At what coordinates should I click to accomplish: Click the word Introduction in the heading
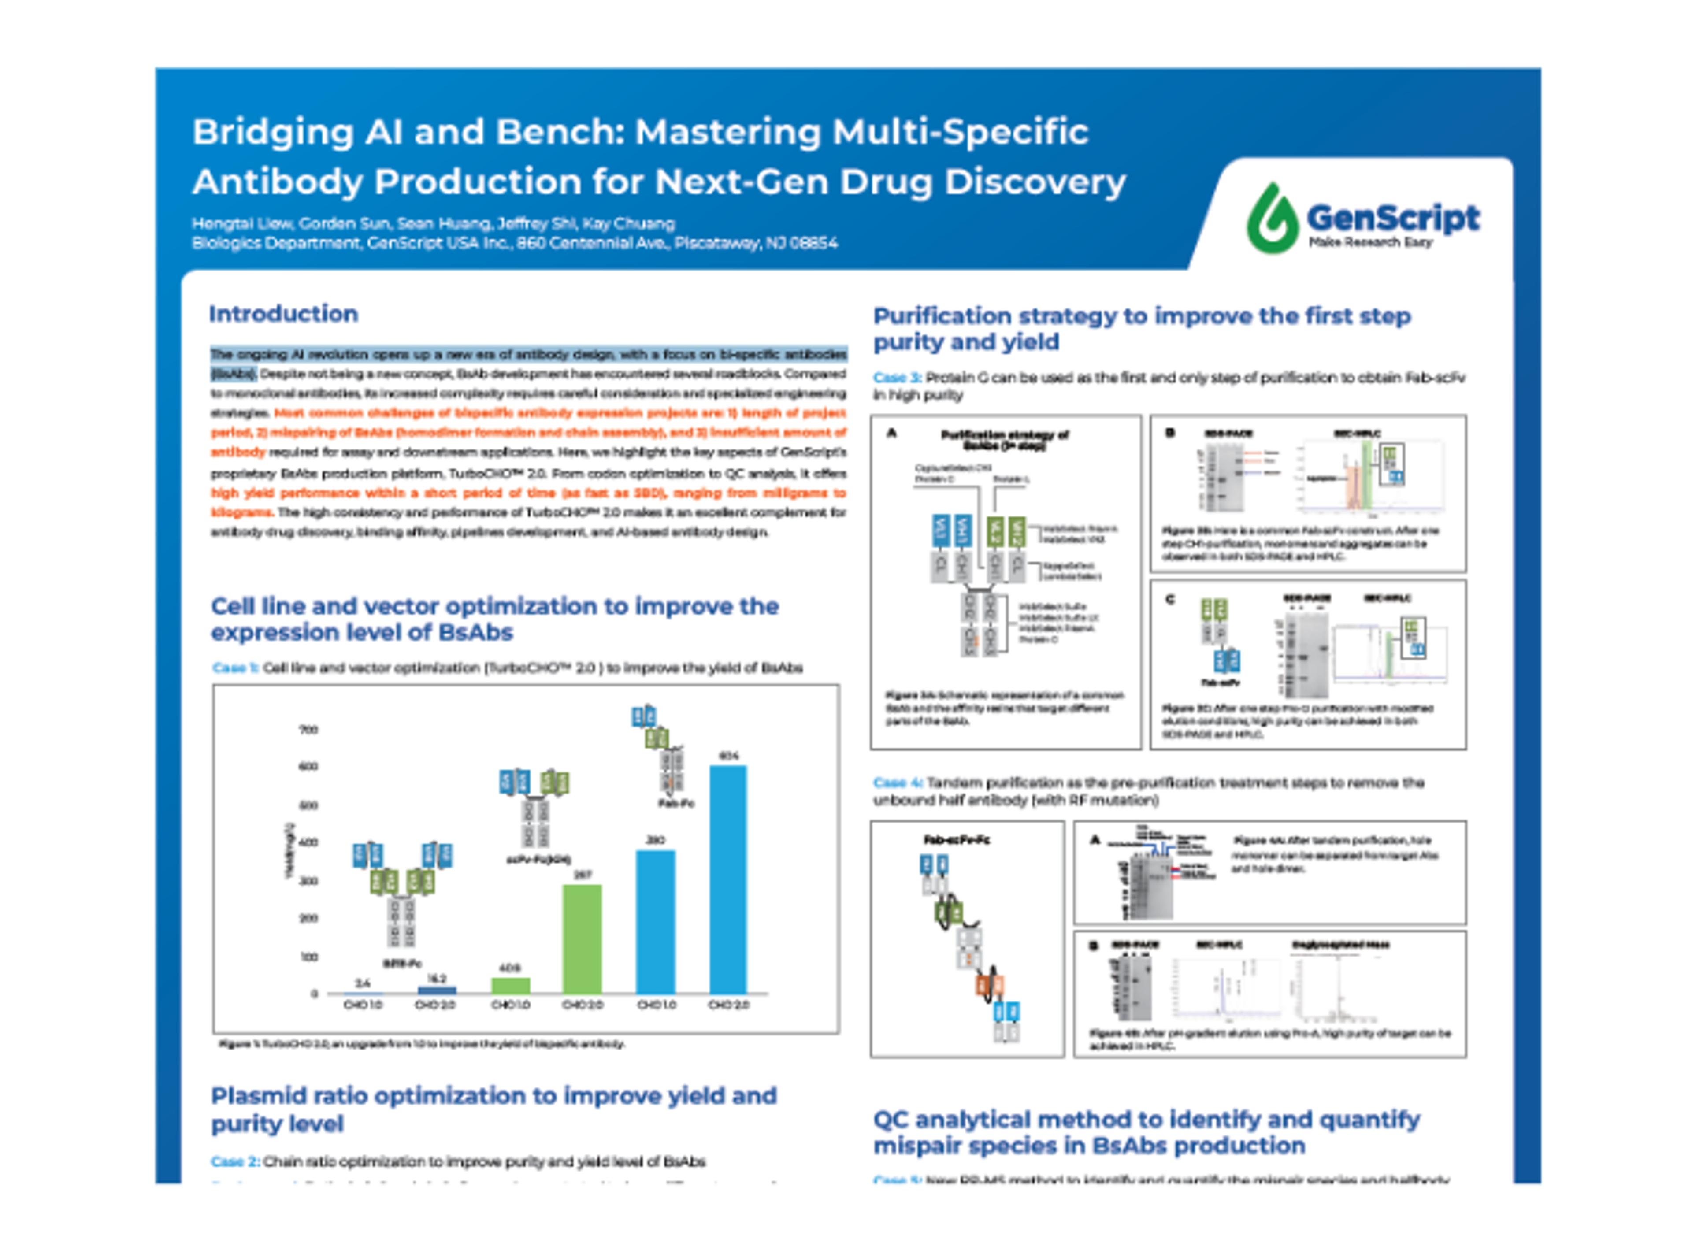coord(283,314)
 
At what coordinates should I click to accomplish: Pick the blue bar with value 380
coord(655,922)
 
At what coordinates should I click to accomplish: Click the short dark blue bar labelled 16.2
coord(437,990)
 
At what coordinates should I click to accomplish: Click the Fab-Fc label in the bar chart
coord(676,803)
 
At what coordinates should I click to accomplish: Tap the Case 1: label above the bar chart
coord(235,668)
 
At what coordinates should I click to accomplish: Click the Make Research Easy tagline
coord(1370,242)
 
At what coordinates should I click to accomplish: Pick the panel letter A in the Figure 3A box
coord(891,433)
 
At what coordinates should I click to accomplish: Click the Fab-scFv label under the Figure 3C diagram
coord(1220,682)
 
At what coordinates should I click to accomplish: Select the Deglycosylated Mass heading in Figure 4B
coord(1340,944)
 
